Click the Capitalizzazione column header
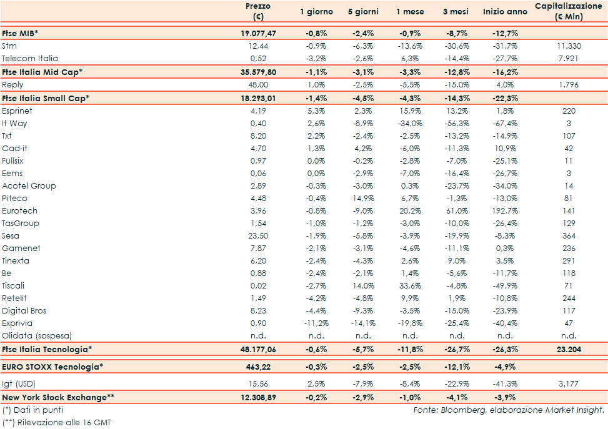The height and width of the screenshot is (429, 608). click(569, 11)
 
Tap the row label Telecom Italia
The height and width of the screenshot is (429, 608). click(30, 58)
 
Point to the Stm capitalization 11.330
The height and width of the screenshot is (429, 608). click(569, 46)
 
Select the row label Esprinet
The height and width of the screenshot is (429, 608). click(17, 111)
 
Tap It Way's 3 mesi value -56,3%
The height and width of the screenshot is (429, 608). click(456, 123)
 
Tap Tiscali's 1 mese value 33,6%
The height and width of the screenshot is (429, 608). click(409, 285)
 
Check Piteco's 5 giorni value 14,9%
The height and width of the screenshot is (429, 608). click(363, 198)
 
